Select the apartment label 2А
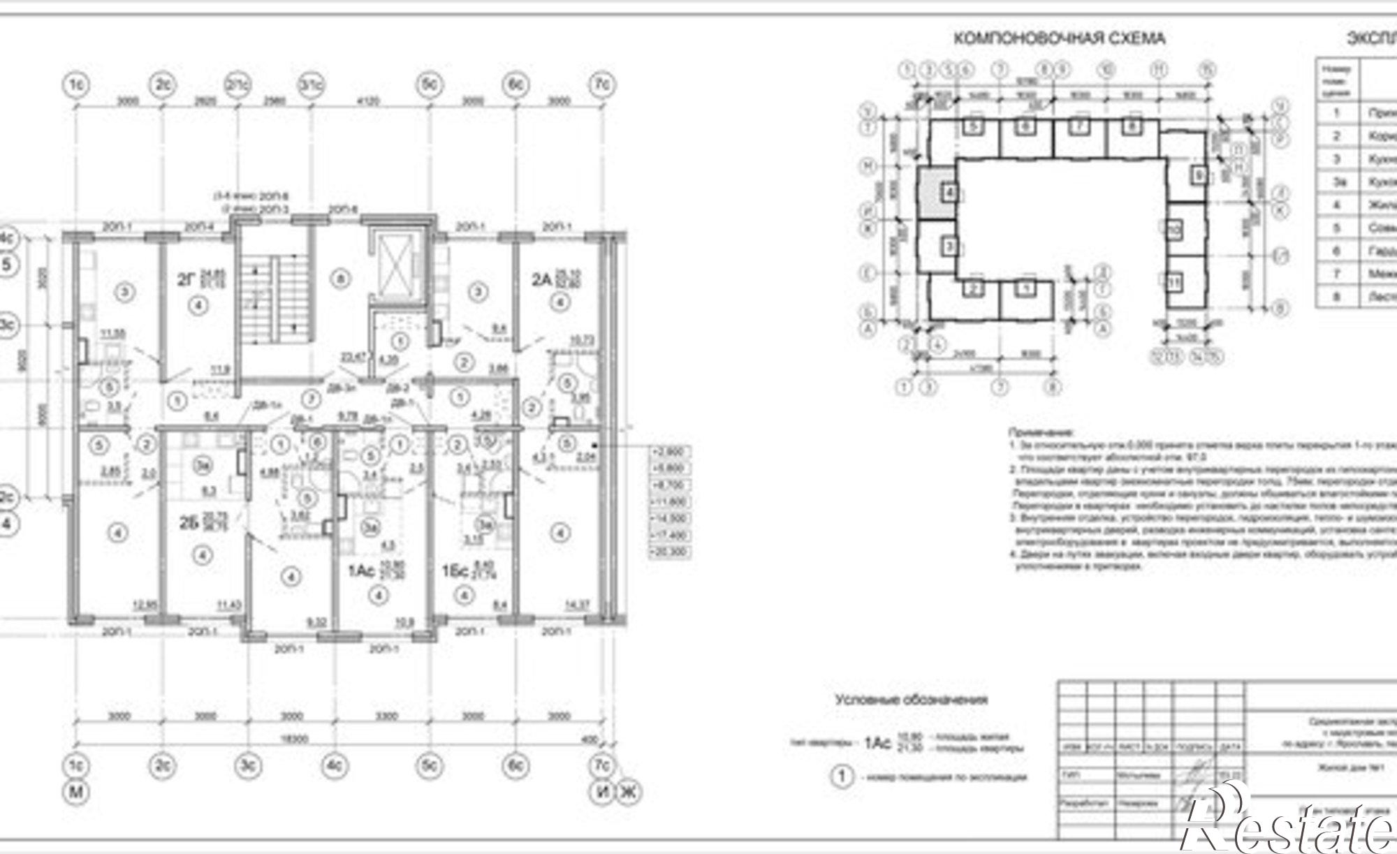click(x=541, y=281)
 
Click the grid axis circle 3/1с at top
click(x=312, y=85)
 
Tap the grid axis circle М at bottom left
click(x=75, y=792)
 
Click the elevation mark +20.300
click(x=670, y=552)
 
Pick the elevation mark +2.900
click(x=670, y=452)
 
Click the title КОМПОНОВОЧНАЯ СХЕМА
click(x=1059, y=38)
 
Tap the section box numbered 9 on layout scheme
click(x=1199, y=175)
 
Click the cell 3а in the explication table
click(x=1337, y=182)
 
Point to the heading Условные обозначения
click(x=911, y=699)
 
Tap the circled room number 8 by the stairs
click(x=341, y=279)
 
